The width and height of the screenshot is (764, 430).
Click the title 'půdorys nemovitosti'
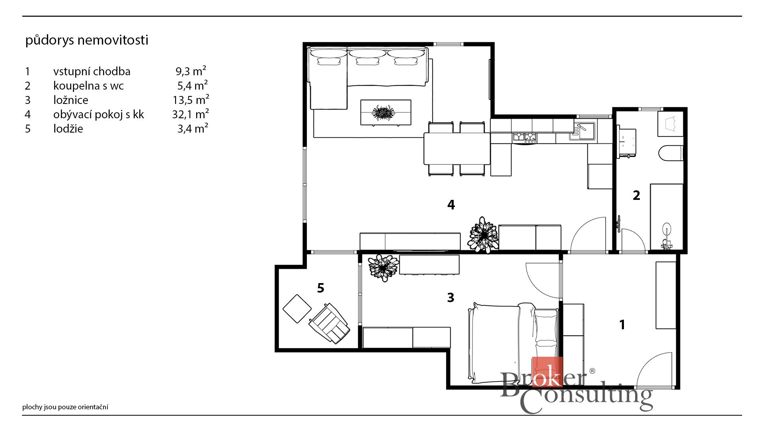(x=87, y=40)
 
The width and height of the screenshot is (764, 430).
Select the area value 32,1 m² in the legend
(x=190, y=114)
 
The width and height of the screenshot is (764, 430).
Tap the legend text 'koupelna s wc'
(x=88, y=86)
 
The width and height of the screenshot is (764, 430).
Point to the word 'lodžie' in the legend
(x=68, y=129)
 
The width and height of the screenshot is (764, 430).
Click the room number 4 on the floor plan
(x=451, y=205)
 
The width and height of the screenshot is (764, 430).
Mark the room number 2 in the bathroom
(x=636, y=195)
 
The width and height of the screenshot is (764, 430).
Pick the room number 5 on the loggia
(x=321, y=287)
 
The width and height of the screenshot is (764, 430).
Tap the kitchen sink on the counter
(x=582, y=131)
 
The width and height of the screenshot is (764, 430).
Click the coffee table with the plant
(x=386, y=113)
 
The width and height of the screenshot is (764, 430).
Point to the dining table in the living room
(x=457, y=148)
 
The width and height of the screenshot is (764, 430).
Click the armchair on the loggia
(x=329, y=323)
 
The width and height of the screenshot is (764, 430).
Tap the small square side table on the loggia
(x=297, y=309)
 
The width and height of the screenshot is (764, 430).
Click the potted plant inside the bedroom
(x=383, y=268)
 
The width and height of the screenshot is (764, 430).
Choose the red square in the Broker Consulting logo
(x=547, y=372)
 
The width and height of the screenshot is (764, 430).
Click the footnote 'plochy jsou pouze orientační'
(x=65, y=407)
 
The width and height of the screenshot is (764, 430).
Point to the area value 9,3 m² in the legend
(x=191, y=71)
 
